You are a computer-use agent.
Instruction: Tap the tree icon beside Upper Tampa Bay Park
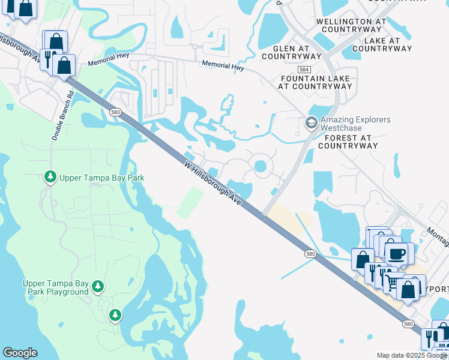click(50, 177)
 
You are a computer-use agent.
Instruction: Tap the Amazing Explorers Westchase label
click(355, 124)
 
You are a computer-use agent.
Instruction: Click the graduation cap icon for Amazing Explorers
click(311, 124)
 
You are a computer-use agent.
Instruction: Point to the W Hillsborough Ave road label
click(213, 184)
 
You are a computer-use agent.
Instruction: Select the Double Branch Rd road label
click(62, 116)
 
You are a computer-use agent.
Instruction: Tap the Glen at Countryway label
click(292, 53)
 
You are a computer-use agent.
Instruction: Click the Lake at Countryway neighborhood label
click(385, 45)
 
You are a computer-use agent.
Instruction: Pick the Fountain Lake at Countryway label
click(315, 82)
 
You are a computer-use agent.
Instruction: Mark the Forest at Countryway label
click(351, 142)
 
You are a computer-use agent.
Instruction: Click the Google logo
click(20, 353)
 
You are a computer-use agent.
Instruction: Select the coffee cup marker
click(396, 253)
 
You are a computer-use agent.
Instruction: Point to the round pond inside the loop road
click(261, 166)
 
